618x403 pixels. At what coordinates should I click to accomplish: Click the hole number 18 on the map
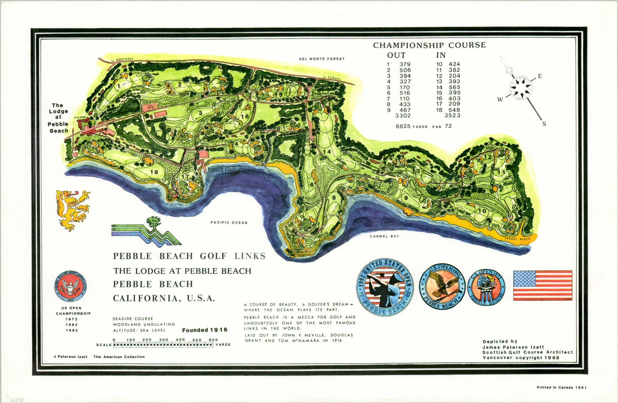tap(154, 172)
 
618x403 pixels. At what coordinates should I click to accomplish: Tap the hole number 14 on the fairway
tap(327, 151)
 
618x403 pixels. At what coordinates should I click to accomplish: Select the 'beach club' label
tap(222, 169)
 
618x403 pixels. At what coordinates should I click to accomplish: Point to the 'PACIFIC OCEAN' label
tap(229, 223)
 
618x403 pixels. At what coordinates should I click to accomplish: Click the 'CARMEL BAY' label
tap(384, 236)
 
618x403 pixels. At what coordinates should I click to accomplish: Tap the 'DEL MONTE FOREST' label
tap(321, 59)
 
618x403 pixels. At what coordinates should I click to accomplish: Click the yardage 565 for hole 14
tap(455, 87)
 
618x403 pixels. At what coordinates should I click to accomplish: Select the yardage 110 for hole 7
tap(404, 99)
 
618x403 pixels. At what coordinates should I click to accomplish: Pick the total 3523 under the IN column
tap(452, 116)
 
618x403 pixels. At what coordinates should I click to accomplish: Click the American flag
tap(543, 285)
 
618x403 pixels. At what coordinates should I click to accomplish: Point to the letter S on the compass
tap(544, 124)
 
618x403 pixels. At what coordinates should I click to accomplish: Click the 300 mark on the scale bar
tap(163, 340)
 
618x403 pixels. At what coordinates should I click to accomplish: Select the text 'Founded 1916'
tap(205, 330)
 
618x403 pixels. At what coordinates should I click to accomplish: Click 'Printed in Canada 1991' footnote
tap(561, 387)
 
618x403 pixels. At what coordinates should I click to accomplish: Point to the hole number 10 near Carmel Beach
tap(482, 211)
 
